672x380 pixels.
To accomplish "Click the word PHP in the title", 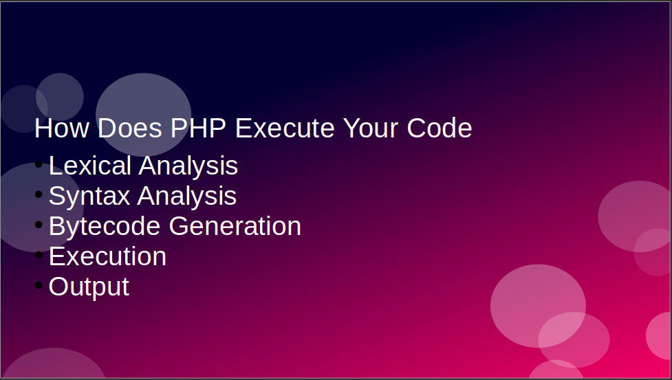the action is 198,128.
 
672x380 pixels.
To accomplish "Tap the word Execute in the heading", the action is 285,128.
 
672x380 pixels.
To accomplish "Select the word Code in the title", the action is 440,128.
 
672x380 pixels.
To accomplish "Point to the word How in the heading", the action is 62,128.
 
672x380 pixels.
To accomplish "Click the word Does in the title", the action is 130,128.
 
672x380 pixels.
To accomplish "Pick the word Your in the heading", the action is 371,128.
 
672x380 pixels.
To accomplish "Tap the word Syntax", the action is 89,197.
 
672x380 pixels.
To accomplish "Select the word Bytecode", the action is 105,226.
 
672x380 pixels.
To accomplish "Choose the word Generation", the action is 235,226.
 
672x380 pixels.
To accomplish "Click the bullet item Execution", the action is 107,256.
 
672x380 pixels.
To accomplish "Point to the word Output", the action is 89,287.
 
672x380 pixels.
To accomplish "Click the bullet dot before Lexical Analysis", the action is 39,164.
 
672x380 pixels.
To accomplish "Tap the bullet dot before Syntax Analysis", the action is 39,194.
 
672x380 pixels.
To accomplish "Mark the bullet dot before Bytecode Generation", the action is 39,224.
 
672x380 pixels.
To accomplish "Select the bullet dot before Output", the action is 39,284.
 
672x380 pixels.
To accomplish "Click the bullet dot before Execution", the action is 39,255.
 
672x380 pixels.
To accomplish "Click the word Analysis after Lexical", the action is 188,166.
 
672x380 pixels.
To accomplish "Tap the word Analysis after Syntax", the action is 187,197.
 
